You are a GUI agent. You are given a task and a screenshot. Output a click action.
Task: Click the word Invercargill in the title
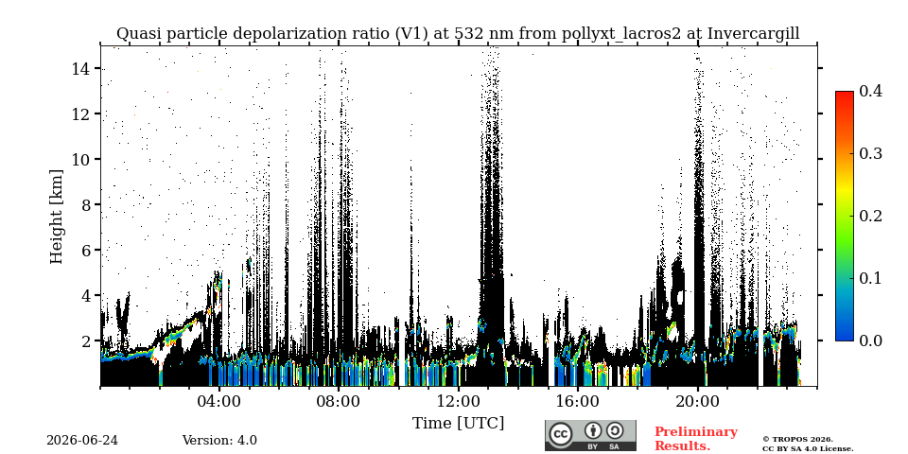click(754, 34)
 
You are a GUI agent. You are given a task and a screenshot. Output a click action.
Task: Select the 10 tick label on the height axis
click(81, 159)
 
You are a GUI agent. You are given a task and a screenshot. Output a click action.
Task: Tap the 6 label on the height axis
click(86, 250)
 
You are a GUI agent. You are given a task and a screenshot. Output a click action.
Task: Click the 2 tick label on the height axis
click(86, 341)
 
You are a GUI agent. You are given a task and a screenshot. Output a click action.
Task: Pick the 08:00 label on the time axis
click(339, 401)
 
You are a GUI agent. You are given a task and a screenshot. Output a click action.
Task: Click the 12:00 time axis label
click(459, 401)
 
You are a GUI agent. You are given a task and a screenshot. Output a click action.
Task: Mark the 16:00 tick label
click(578, 401)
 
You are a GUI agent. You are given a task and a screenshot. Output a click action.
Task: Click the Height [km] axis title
click(56, 217)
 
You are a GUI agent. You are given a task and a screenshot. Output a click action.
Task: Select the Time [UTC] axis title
click(458, 424)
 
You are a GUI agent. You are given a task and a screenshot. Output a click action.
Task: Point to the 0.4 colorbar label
click(870, 91)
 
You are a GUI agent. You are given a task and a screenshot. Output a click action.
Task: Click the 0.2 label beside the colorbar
click(870, 216)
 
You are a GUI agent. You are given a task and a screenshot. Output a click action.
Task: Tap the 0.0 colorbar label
click(870, 340)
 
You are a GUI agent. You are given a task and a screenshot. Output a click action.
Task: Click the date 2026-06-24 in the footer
click(82, 441)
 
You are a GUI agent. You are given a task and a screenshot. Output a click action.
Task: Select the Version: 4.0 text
click(219, 441)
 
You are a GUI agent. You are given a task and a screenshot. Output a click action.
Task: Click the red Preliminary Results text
click(696, 439)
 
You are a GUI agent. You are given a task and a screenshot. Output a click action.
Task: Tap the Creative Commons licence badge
click(590, 435)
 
